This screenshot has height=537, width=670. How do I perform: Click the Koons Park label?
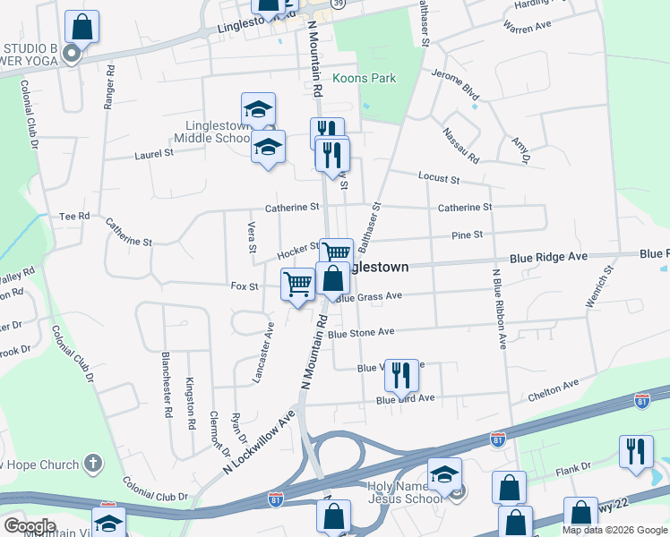364,79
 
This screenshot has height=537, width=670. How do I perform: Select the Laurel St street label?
154,154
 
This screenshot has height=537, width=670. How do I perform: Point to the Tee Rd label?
74,217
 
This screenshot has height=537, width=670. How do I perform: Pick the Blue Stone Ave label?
361,332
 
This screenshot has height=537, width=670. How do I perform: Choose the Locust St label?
439,179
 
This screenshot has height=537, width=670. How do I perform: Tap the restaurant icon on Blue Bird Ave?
401,375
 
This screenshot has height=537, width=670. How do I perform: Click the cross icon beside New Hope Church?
91,463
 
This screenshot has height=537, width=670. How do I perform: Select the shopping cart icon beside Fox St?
297,285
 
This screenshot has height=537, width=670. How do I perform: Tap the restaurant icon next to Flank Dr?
636,450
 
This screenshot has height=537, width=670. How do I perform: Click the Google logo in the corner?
30,525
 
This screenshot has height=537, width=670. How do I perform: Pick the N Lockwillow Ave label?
259,444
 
